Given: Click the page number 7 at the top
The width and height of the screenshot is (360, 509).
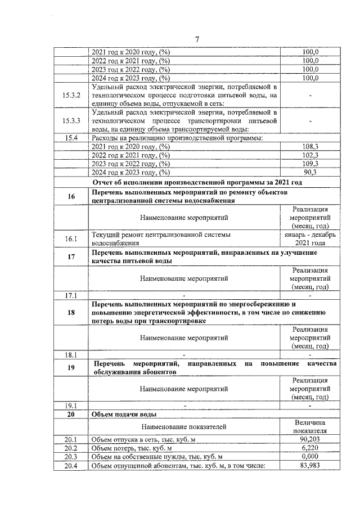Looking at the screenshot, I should coord(197,39).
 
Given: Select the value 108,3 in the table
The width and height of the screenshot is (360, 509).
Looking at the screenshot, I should coord(310,146).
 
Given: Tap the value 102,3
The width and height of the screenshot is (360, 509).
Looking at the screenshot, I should coord(310,155).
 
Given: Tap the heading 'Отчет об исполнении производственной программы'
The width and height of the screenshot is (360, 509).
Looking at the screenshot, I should coord(197,182).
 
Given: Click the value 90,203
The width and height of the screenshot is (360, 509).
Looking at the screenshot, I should coord(310,438).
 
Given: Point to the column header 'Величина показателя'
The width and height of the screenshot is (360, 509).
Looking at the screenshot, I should coord(310,426).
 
